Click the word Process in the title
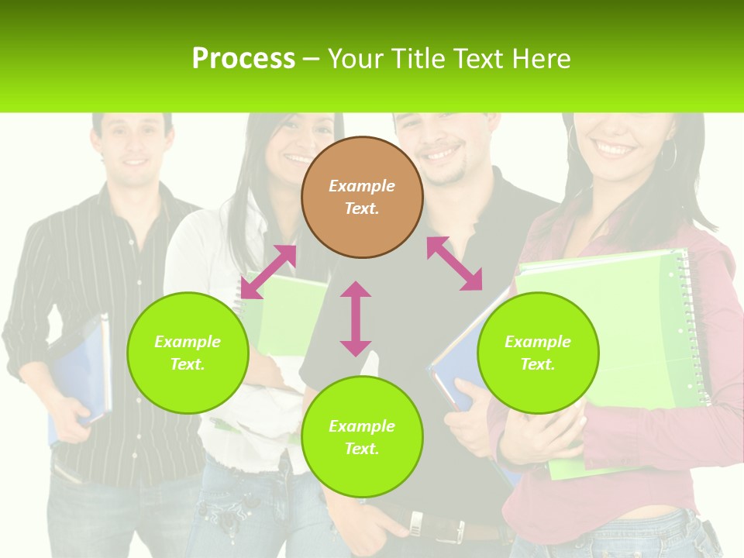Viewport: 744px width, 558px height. pyautogui.click(x=243, y=59)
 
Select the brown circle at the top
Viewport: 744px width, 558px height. pyautogui.click(x=362, y=197)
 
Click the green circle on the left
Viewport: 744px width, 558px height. pyautogui.click(x=188, y=353)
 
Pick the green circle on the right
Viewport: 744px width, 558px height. pyautogui.click(x=538, y=353)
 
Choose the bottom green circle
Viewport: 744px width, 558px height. pyautogui.click(x=362, y=437)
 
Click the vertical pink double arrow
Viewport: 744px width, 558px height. pyautogui.click(x=356, y=319)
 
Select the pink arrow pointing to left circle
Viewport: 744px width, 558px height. pyautogui.click(x=268, y=272)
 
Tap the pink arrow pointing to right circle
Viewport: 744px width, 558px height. pyautogui.click(x=455, y=263)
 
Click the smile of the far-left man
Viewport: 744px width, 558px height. pyautogui.click(x=134, y=163)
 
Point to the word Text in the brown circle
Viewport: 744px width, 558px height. pyautogui.click(x=362, y=208)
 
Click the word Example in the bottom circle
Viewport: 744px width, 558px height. pyautogui.click(x=362, y=426)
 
